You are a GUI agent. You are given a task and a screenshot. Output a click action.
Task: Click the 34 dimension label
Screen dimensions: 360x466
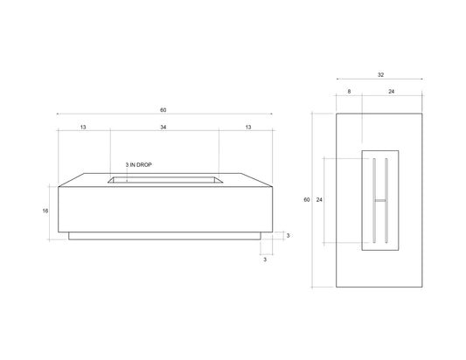click(x=164, y=128)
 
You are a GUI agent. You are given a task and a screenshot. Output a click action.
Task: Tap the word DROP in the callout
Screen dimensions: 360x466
click(x=145, y=164)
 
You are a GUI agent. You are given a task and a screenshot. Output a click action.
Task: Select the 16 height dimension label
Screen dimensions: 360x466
click(x=45, y=211)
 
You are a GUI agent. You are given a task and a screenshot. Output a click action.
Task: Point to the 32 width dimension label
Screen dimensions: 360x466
click(x=379, y=75)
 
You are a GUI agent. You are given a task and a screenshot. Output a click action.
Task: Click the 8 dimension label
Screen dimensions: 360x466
click(x=349, y=90)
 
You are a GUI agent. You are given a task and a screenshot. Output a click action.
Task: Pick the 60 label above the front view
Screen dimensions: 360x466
click(x=164, y=110)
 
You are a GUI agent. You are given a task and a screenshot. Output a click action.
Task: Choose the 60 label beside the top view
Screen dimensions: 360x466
click(x=307, y=200)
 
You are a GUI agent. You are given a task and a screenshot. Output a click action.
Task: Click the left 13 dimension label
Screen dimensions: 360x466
click(x=83, y=128)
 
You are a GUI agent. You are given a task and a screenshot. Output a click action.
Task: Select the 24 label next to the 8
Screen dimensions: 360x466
click(x=391, y=90)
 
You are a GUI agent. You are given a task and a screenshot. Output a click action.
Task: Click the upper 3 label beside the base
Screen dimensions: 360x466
click(x=288, y=236)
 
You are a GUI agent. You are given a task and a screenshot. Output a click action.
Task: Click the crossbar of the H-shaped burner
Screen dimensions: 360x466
click(x=379, y=201)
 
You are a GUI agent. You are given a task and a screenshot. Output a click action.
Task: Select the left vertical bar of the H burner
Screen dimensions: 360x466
click(x=373, y=200)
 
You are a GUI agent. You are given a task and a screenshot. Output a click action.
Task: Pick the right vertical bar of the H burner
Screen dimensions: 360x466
click(x=386, y=200)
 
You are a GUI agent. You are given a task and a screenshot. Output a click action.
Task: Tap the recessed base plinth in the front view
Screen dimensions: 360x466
click(x=164, y=236)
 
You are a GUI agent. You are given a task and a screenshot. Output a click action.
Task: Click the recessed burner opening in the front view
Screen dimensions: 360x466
click(x=164, y=180)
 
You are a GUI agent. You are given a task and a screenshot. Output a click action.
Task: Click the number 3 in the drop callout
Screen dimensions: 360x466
click(x=128, y=164)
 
